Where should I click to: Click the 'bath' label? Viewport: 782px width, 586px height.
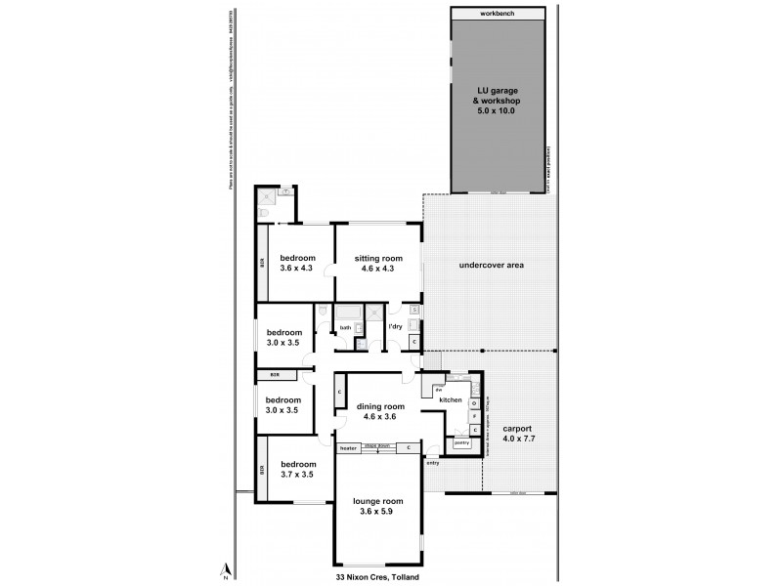346,326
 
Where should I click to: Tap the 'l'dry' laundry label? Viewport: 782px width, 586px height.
397,325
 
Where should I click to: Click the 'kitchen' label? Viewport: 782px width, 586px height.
450,400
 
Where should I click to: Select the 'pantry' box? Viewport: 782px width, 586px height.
460,443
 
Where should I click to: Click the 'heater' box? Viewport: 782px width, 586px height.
349,448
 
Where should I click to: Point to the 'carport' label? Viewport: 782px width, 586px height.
518,429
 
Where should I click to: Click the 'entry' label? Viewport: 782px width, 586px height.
433,463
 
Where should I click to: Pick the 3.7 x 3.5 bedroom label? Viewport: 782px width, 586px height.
297,470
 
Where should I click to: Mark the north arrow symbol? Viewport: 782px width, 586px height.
225,568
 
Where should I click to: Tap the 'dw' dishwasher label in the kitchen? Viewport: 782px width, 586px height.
439,390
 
